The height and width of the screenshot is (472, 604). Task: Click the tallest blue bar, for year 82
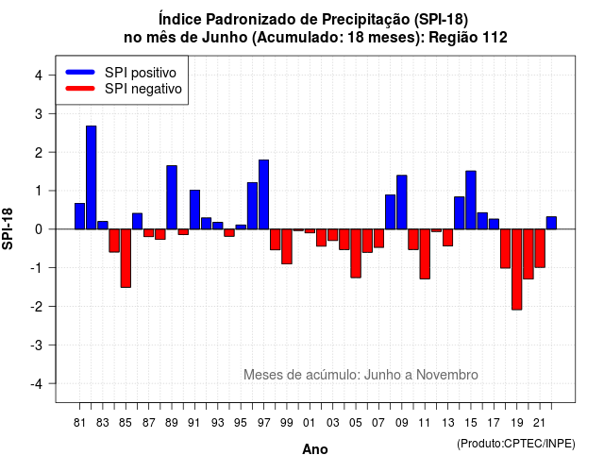[x=92, y=177]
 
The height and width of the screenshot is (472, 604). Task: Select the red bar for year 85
[x=126, y=258]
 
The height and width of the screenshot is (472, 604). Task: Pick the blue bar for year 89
[x=172, y=197]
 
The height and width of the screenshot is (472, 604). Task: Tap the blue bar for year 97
[x=264, y=194]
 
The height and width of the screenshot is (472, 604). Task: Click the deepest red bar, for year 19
[x=517, y=269]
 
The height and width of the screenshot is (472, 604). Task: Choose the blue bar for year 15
[x=471, y=200]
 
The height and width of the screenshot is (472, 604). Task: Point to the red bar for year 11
[x=425, y=254]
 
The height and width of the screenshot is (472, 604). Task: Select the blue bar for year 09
[x=402, y=202]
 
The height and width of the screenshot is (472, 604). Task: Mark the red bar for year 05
[x=356, y=254]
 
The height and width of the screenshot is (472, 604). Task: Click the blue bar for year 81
[x=79, y=216]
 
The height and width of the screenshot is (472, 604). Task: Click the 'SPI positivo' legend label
[x=141, y=73]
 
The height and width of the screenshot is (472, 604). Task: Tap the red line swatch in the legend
[x=80, y=89]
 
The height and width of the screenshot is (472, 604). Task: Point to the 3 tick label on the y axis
[x=39, y=113]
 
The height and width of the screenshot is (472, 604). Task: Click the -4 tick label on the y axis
[x=37, y=383]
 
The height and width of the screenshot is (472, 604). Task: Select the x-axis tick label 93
[x=218, y=423]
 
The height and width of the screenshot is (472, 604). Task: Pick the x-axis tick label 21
[x=539, y=423]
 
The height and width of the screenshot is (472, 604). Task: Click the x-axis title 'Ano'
[x=315, y=449]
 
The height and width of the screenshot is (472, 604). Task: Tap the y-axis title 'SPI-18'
[x=8, y=228]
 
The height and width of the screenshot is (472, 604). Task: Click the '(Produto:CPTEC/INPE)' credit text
[x=516, y=444]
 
